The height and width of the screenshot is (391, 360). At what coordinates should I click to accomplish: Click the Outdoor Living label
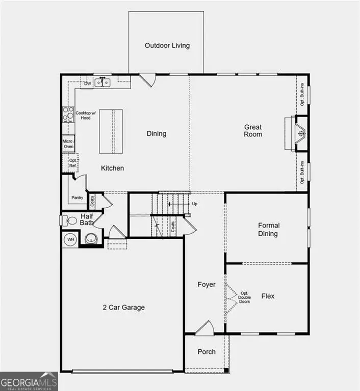tap(167, 45)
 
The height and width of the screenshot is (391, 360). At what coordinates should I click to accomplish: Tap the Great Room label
tap(252, 130)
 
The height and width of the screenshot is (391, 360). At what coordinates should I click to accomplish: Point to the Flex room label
tap(268, 296)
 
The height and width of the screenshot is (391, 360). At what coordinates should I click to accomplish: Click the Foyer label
tap(207, 285)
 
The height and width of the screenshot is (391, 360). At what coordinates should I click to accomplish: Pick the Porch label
tap(207, 352)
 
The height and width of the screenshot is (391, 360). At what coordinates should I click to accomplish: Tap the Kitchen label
tap(112, 168)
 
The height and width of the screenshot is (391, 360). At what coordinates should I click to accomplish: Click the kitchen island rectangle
tap(112, 131)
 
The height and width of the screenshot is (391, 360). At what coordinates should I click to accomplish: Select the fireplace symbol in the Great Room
tap(301, 134)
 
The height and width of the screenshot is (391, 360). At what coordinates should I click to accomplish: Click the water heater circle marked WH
tap(70, 239)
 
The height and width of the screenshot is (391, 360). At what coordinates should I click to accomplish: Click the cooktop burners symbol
tap(68, 115)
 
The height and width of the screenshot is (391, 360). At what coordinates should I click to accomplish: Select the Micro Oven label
tap(68, 144)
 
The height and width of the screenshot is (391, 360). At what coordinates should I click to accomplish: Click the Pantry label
tap(77, 198)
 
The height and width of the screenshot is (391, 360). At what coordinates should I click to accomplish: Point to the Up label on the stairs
tap(195, 204)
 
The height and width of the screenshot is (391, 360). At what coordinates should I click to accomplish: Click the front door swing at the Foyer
tap(204, 328)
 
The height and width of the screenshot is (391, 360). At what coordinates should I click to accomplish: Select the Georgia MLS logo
tap(29, 381)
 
